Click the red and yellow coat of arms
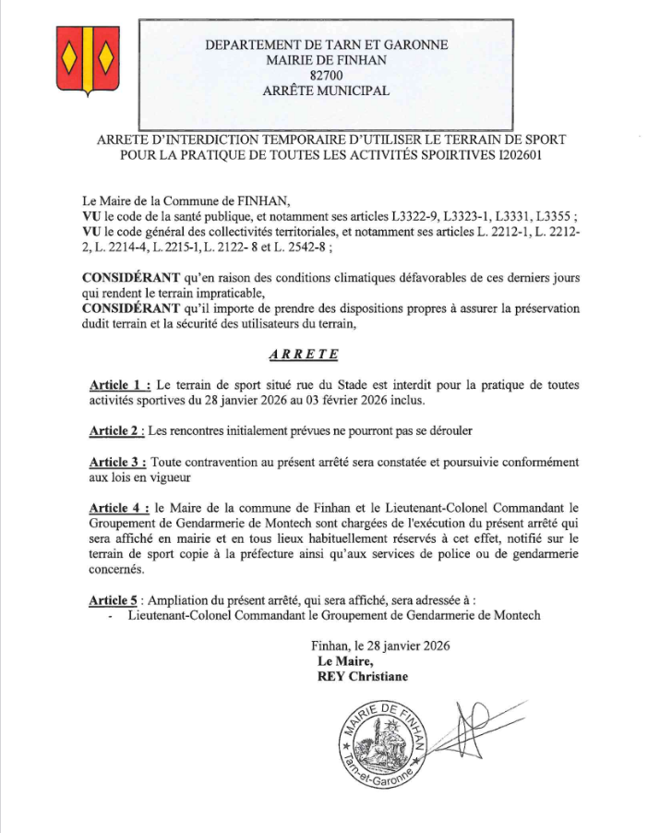(85, 58)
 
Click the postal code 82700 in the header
(326, 75)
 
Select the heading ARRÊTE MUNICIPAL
(326, 91)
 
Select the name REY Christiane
(362, 676)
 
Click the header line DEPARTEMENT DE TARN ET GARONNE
(326, 44)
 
